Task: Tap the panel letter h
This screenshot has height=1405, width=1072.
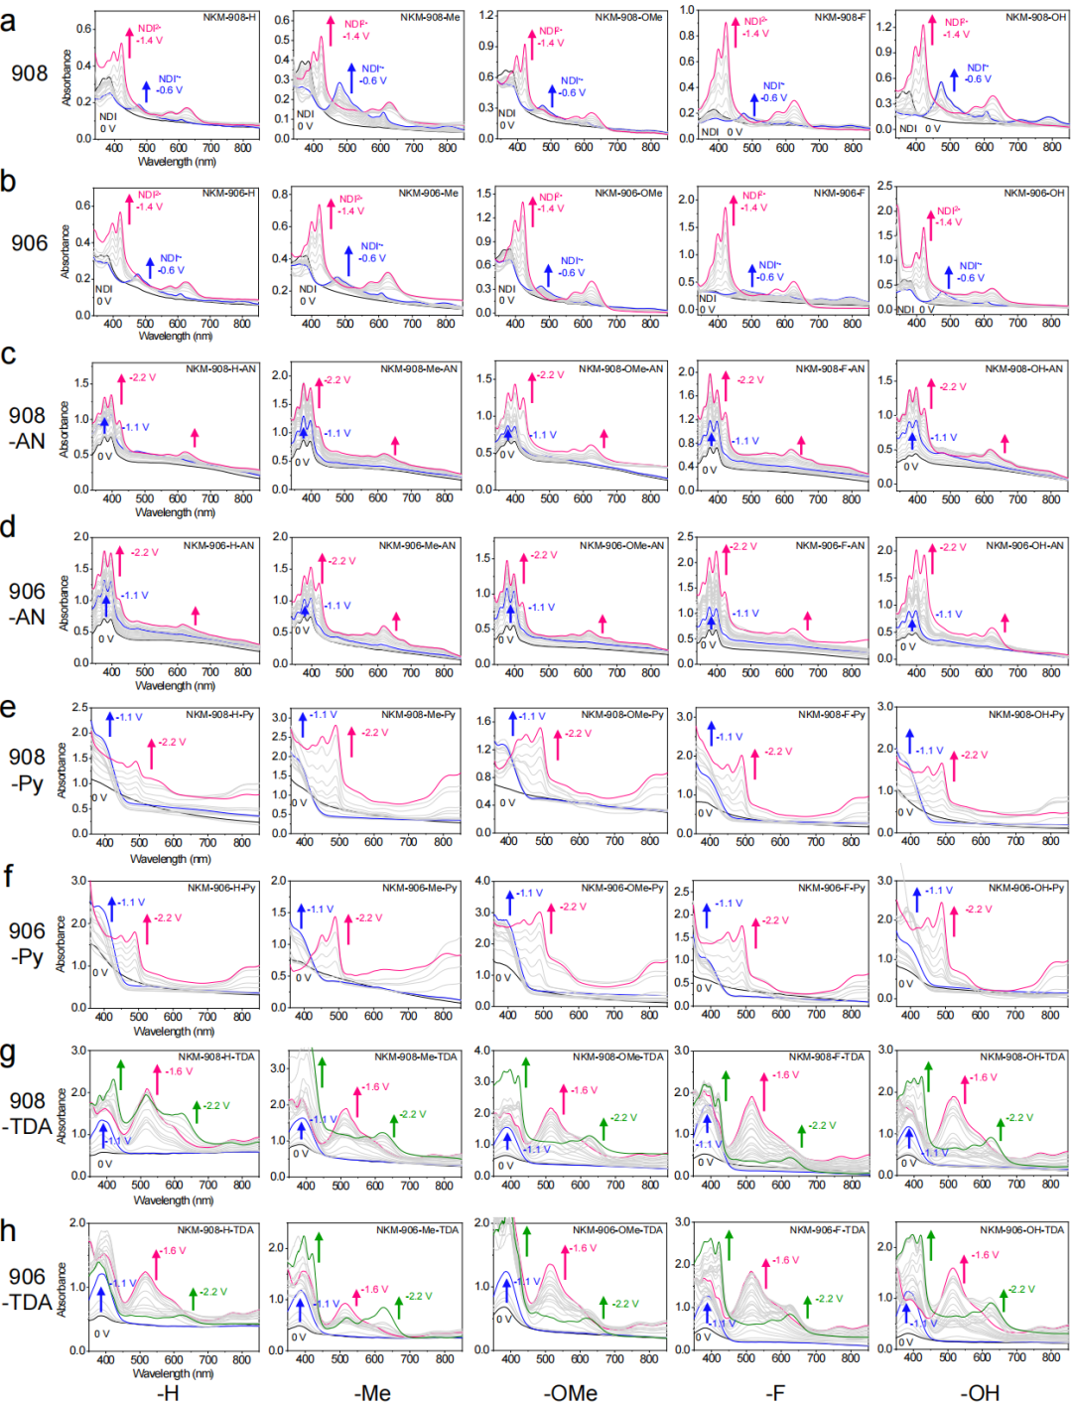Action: pos(9,1231)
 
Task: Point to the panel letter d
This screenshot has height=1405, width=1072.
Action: pos(9,527)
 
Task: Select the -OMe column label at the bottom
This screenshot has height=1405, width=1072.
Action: pos(570,1393)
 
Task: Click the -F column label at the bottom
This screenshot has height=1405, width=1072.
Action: pos(775,1393)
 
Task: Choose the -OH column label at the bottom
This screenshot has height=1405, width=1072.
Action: pos(980,1393)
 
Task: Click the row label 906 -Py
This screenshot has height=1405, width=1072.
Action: pos(28,943)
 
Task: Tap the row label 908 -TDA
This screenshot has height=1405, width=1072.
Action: pos(30,1113)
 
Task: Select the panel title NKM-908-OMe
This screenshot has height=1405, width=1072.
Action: pos(628,18)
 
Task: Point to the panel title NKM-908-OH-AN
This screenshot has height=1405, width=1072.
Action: pos(1023,368)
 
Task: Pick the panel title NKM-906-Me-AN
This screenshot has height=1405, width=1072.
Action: pos(417,545)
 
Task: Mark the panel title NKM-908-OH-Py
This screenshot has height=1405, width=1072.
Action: pos(1025,714)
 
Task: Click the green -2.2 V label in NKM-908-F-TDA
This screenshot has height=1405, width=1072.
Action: pos(823,1125)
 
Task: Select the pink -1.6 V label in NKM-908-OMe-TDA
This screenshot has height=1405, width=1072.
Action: pos(585,1090)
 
